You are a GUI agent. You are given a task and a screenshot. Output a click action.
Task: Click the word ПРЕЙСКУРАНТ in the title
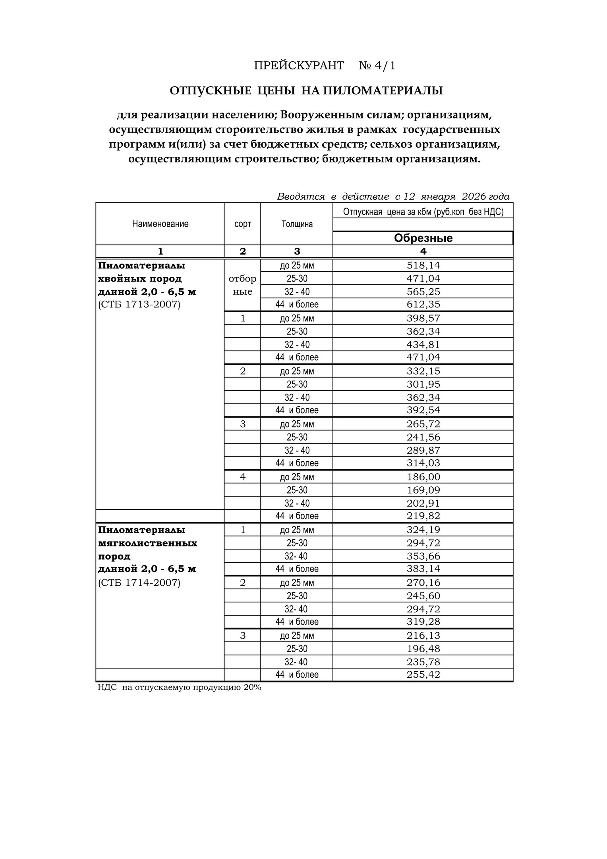299,66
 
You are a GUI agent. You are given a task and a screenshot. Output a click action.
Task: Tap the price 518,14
423,265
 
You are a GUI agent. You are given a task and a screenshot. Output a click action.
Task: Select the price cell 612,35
423,305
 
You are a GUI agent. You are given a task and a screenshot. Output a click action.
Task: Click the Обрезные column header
423,238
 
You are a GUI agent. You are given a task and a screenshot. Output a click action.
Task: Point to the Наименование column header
160,224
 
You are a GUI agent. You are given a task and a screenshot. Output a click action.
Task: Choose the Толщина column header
297,224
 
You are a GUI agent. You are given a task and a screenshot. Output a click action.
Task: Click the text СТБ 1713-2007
139,305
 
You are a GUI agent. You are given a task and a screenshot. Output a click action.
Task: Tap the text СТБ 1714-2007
139,583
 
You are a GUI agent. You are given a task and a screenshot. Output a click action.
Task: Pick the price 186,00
423,477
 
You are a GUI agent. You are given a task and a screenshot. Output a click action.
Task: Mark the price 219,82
423,516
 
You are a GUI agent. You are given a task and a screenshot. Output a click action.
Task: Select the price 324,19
423,530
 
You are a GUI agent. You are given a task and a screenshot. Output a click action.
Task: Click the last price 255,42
423,675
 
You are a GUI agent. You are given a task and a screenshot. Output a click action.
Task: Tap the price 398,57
423,318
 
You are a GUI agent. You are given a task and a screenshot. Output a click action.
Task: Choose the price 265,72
423,424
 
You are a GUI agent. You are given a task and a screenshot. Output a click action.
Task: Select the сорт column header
242,224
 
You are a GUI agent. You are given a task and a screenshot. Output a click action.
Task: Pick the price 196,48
423,649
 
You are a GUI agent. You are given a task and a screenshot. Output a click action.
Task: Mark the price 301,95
423,385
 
